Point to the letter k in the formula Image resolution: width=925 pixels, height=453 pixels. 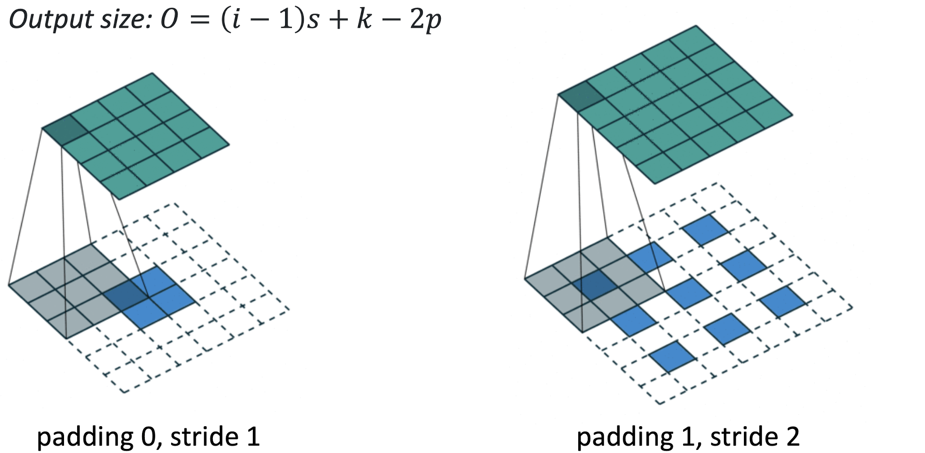coord(364,20)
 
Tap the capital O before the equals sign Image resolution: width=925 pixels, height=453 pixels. coord(169,20)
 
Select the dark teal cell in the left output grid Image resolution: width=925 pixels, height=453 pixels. coord(64,130)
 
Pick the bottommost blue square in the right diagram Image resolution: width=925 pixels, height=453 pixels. coord(672,356)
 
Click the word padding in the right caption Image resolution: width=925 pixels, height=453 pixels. coord(625,437)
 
